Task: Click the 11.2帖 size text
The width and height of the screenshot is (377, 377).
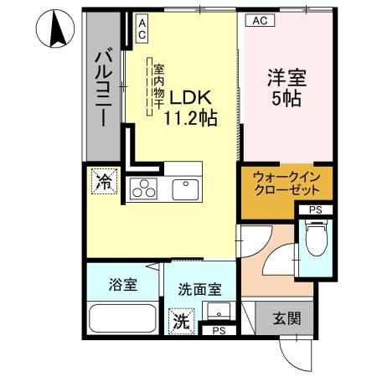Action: [191, 117]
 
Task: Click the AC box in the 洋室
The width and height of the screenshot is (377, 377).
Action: [259, 21]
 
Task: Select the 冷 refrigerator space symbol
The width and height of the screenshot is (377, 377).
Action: [105, 181]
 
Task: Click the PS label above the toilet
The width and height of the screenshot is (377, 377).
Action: [316, 209]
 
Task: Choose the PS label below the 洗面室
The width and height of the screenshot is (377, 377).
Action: [218, 330]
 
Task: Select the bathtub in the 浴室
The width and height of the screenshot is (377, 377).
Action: [122, 320]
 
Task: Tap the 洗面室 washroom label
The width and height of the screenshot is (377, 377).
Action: [199, 290]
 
